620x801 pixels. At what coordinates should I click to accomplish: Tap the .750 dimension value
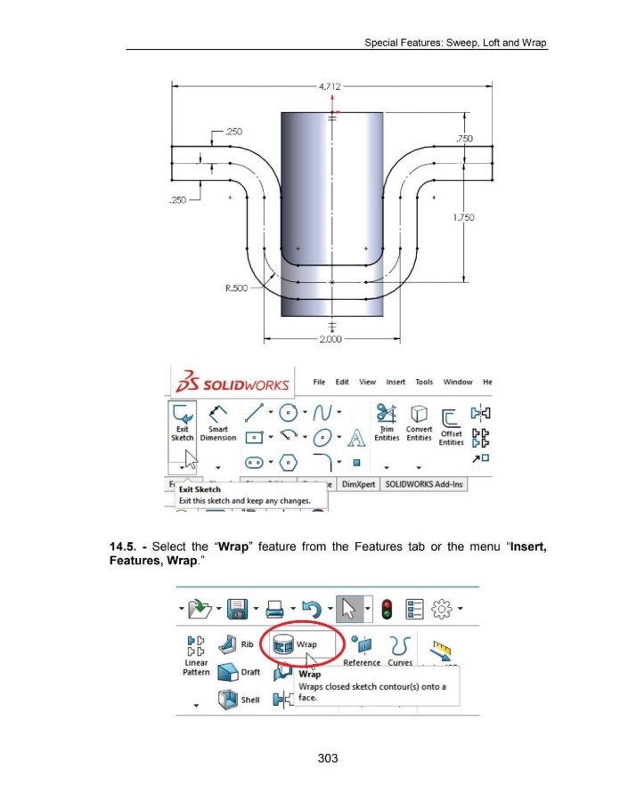click(463, 138)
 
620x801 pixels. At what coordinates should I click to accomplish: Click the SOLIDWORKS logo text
click(237, 385)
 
